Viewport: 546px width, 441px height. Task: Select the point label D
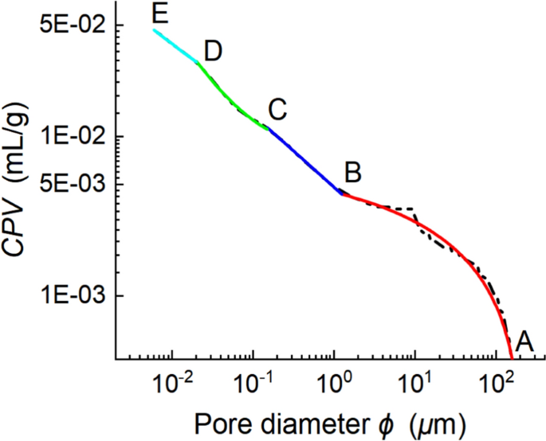tap(212, 50)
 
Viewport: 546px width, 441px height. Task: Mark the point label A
tap(524, 341)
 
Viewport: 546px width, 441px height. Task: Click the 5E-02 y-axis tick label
tap(73, 25)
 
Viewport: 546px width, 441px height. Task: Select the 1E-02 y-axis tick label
tap(73, 136)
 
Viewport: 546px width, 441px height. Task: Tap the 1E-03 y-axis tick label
tap(73, 295)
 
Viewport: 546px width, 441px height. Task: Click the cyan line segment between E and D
tap(176, 46)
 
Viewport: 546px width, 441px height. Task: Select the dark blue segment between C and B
tap(303, 158)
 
